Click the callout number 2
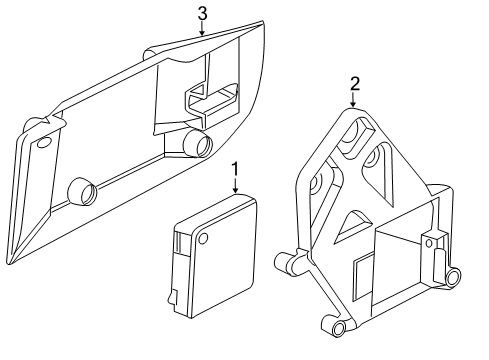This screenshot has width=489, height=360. (353, 86)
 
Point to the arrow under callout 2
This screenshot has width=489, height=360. (353, 102)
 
